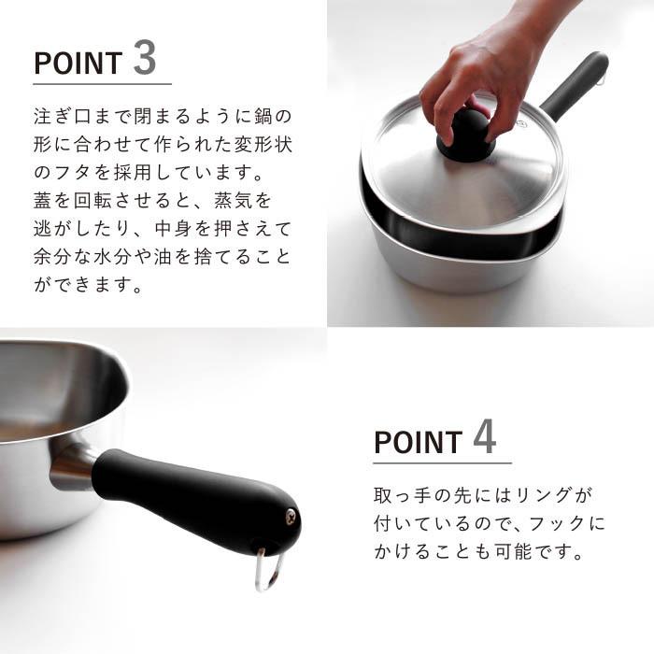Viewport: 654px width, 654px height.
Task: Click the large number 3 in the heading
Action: pos(145,58)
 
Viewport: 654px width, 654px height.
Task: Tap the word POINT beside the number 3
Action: pos(78,63)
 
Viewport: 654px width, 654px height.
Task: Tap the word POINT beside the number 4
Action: pos(418,441)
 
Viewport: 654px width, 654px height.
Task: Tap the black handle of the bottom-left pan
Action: pos(196,495)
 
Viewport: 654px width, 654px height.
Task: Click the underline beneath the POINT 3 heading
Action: pos(103,83)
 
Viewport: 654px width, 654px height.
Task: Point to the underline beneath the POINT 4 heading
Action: pos(442,462)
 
